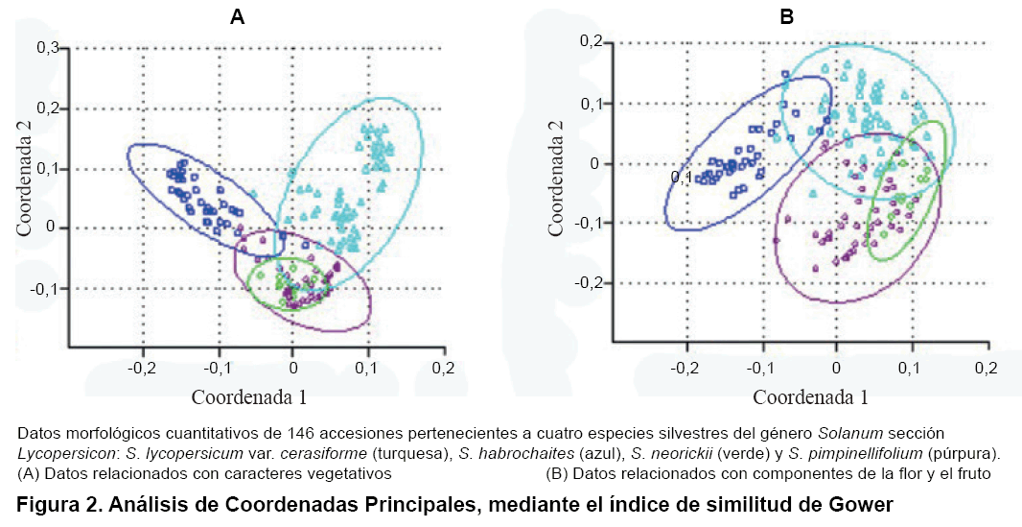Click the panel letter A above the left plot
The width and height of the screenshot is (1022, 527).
click(x=237, y=16)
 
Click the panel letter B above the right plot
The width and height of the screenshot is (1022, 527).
click(x=786, y=16)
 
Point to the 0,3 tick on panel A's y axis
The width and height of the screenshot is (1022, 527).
click(x=47, y=47)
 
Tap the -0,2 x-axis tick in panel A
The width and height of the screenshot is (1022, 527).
click(x=142, y=368)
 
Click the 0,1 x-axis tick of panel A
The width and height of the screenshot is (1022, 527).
click(x=367, y=368)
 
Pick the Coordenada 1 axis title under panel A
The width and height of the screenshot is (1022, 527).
click(x=249, y=395)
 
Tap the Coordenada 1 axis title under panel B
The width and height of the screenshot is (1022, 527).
click(x=810, y=395)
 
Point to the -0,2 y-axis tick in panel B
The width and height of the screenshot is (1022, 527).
click(x=594, y=283)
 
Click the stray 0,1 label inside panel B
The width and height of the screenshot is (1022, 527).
click(x=682, y=178)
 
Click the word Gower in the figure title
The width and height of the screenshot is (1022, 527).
click(x=854, y=503)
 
